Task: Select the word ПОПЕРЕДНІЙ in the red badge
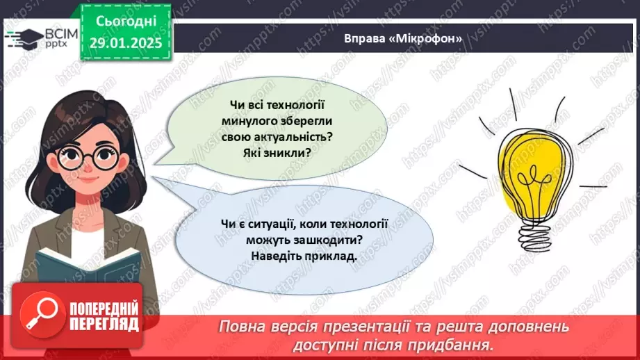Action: click(x=104, y=309)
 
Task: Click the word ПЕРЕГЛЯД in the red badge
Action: click(x=104, y=324)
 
